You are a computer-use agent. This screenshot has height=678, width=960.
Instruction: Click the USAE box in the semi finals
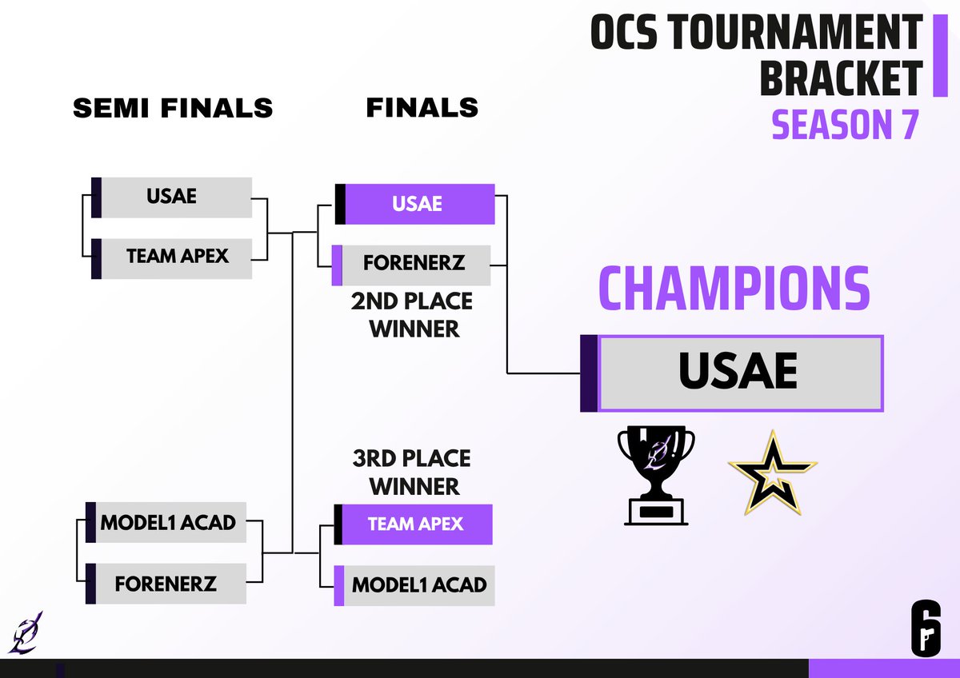point(172,197)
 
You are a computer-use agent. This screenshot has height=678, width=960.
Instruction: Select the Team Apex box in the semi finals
point(177,257)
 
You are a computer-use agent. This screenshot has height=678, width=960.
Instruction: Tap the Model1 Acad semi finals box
point(168,523)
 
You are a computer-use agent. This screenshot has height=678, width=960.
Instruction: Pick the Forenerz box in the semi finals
point(166,583)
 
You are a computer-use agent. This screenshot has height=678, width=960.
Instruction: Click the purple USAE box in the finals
point(417,204)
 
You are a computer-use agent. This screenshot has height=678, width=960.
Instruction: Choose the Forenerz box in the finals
point(414,263)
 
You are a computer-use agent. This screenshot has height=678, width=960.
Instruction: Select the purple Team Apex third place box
point(415,524)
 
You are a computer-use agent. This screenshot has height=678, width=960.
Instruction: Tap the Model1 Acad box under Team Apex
point(418,584)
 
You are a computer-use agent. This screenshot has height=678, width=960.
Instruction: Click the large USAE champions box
point(738,373)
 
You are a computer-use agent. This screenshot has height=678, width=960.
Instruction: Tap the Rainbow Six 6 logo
point(926,628)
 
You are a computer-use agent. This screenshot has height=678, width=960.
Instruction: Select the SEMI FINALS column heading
point(173,108)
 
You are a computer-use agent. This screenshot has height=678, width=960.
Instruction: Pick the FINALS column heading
point(422,107)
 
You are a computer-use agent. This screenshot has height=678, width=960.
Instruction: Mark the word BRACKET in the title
point(840,78)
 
